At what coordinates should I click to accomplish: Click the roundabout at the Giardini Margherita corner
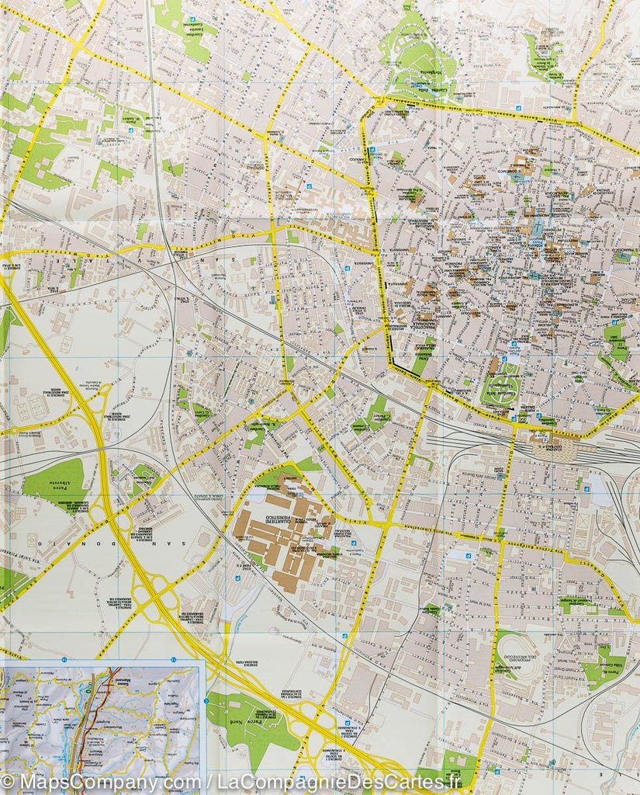click(379, 101)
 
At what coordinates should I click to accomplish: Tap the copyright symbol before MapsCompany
click(9, 780)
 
